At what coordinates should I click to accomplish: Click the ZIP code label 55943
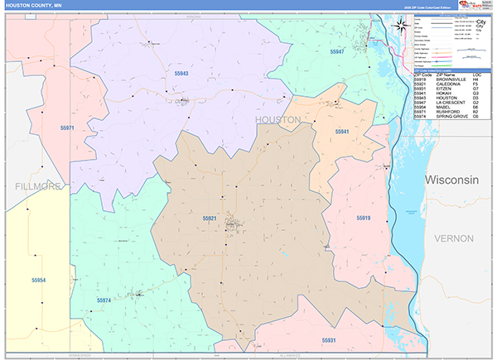[181, 74]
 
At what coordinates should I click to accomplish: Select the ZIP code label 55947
[336, 52]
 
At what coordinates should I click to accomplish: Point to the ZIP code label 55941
[342, 132]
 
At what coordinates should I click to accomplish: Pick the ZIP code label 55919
[364, 218]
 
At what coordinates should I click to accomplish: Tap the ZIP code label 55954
[36, 281]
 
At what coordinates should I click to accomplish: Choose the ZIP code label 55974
[104, 300]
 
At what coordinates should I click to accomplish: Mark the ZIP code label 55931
[330, 339]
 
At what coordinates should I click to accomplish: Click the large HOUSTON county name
[277, 120]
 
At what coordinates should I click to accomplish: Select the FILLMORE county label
[38, 187]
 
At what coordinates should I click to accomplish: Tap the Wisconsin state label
[452, 180]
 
